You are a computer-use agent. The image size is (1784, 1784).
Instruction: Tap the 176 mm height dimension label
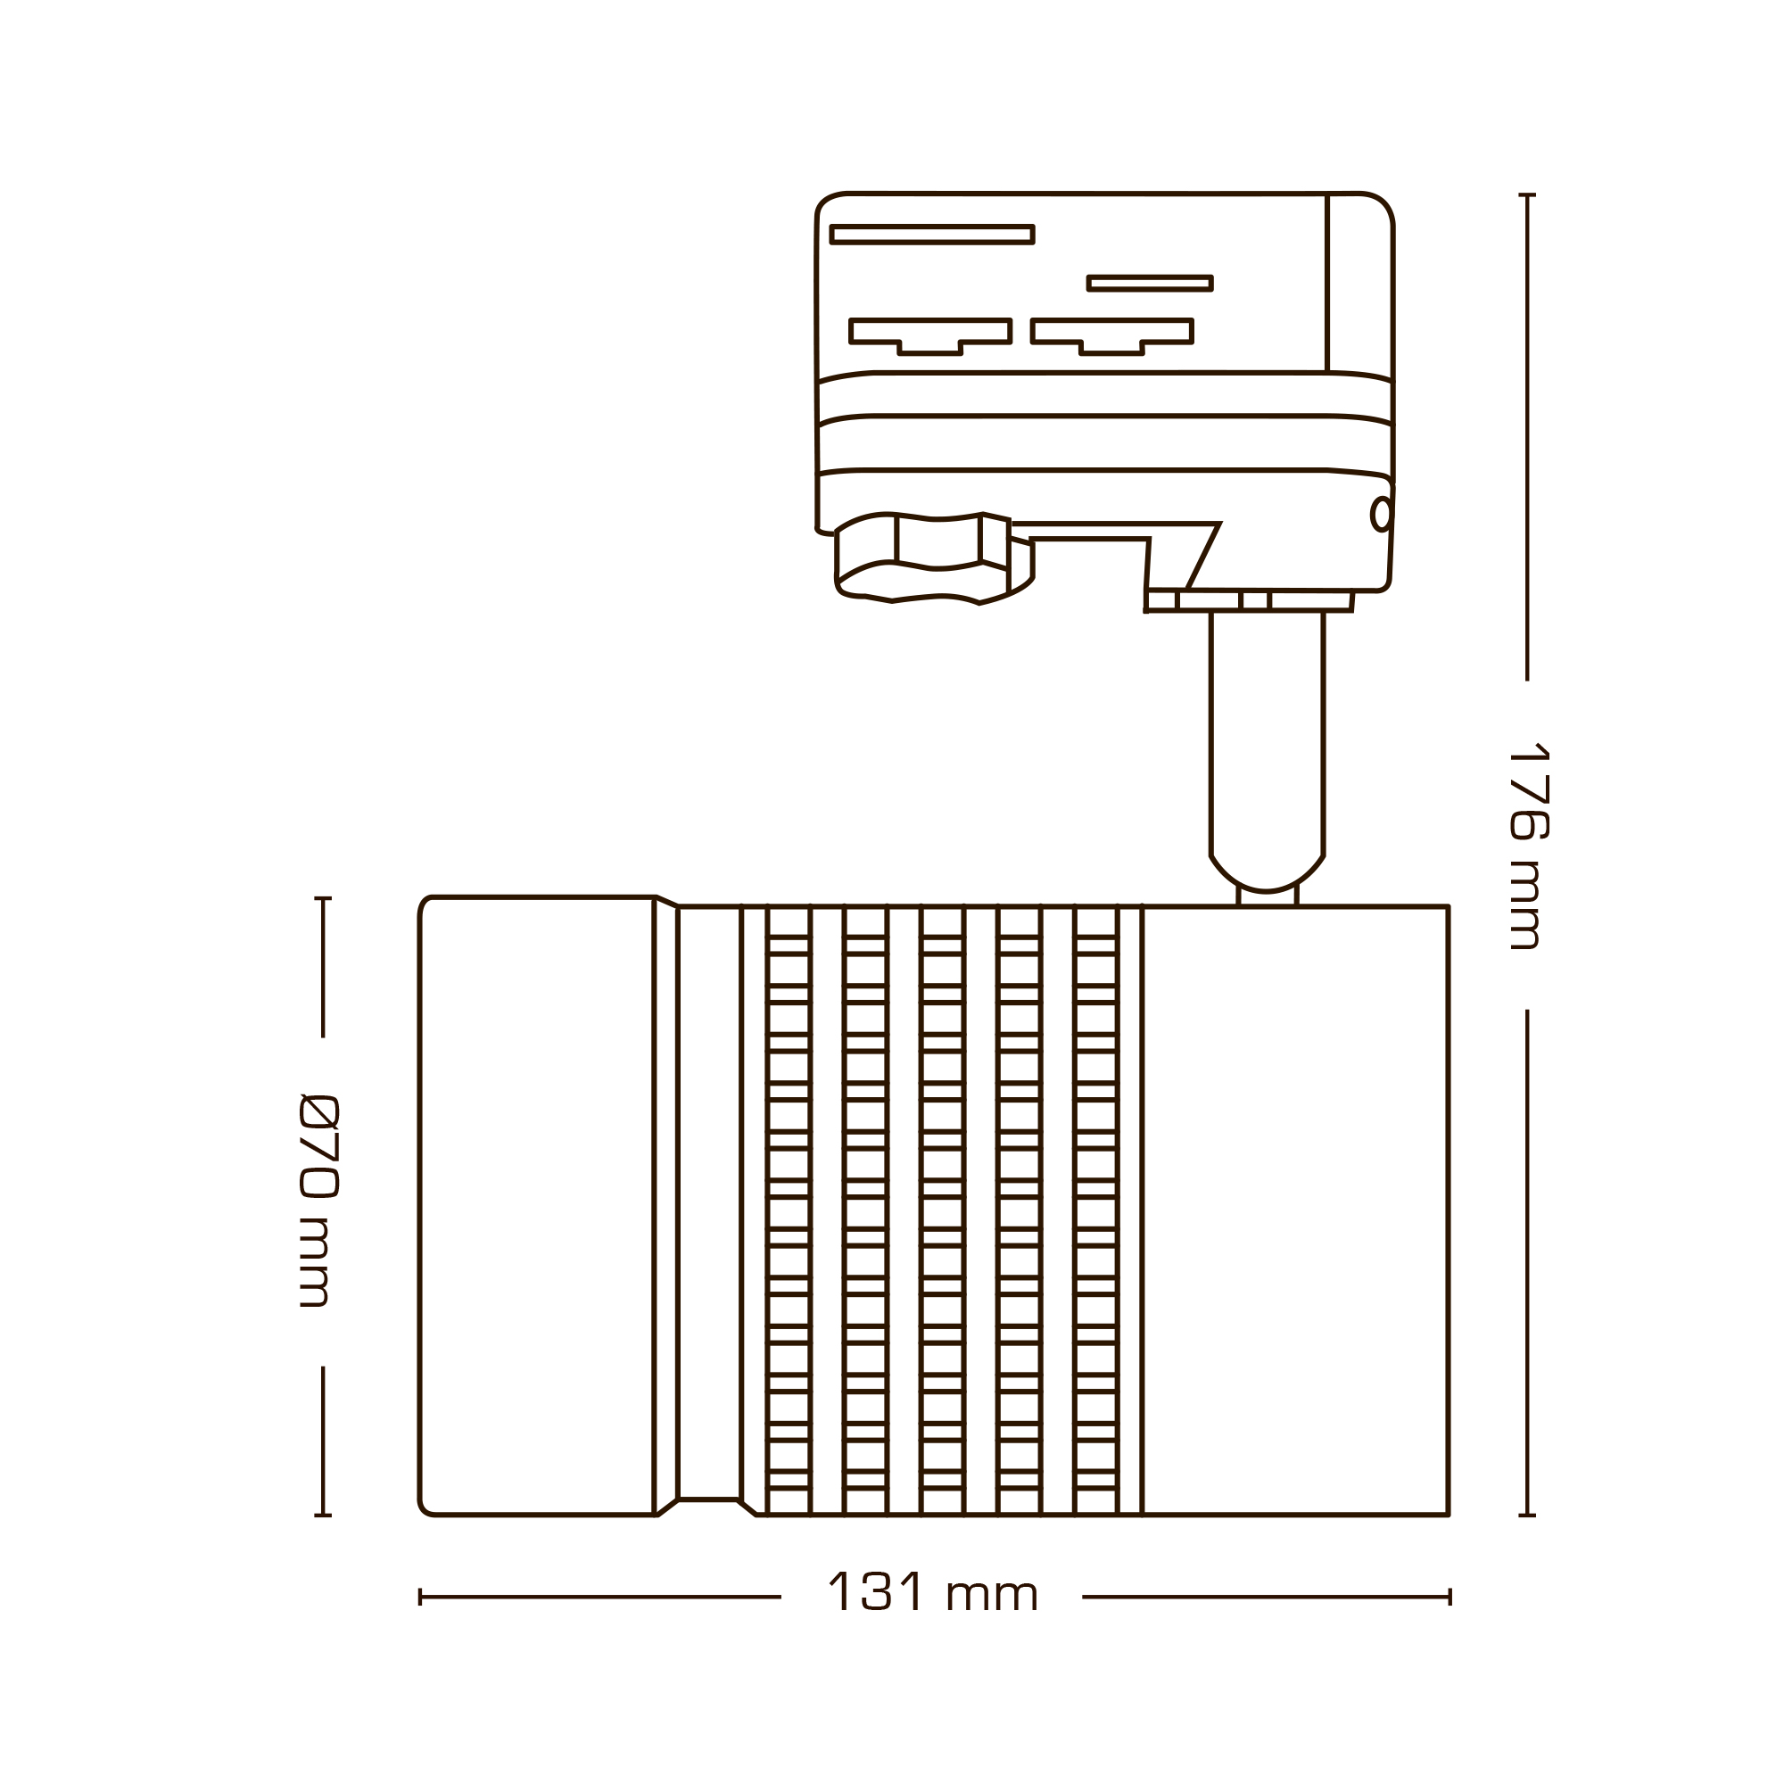click(1528, 845)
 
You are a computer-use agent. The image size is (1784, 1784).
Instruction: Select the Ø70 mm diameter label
click(319, 1201)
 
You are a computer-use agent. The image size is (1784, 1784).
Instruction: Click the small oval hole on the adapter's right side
click(1381, 515)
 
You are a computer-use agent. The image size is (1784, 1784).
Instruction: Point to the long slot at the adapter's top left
click(932, 235)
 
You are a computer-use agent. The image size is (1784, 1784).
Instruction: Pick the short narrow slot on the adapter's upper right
click(1150, 284)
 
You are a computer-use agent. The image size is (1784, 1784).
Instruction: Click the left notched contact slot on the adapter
click(929, 334)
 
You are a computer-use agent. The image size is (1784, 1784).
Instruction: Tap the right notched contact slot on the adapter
click(1111, 334)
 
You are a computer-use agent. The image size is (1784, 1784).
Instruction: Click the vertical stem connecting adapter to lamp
click(1267, 739)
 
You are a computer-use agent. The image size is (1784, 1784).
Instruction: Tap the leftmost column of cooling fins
click(789, 1210)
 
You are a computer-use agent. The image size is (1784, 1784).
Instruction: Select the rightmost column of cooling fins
click(1096, 1210)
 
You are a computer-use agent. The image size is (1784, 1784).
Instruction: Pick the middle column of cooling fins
click(943, 1210)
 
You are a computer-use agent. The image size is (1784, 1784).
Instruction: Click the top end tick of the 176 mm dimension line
click(1527, 194)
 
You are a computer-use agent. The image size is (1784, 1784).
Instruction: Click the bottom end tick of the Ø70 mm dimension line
click(322, 1516)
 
